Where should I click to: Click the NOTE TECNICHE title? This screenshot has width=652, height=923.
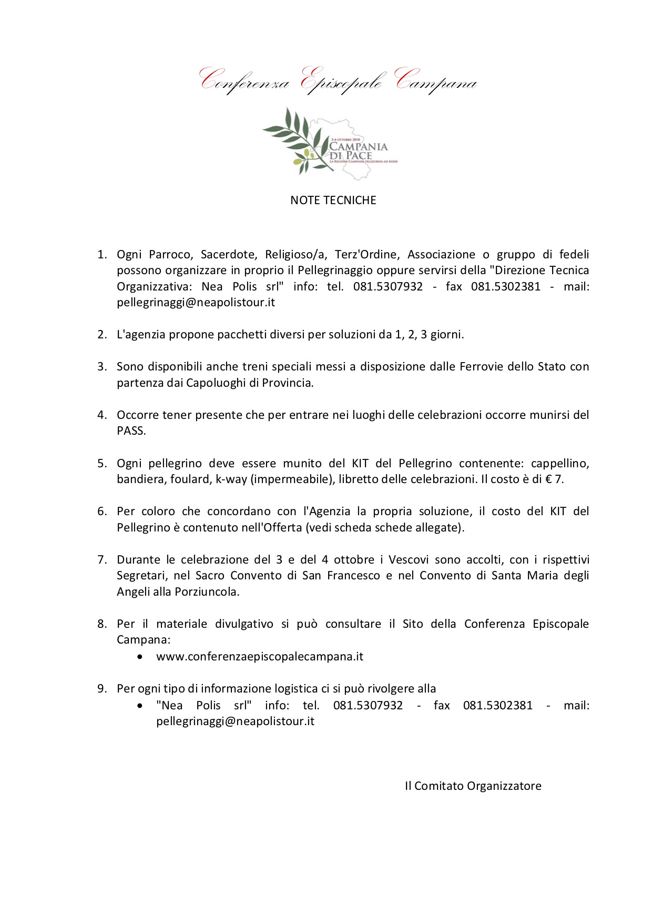(x=333, y=200)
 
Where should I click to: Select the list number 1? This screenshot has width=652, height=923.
(x=101, y=255)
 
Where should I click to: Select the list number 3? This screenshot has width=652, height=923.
(x=101, y=367)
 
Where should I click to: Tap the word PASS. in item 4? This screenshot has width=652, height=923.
(x=131, y=431)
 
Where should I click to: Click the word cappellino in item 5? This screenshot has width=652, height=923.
(x=559, y=464)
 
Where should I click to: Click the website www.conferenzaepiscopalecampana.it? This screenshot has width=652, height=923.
(x=260, y=657)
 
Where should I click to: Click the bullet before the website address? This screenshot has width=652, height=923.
(x=139, y=657)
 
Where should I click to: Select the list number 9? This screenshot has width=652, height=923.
(x=101, y=689)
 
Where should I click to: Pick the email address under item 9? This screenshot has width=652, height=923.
(x=235, y=721)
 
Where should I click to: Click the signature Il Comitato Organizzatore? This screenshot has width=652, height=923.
(x=473, y=786)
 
